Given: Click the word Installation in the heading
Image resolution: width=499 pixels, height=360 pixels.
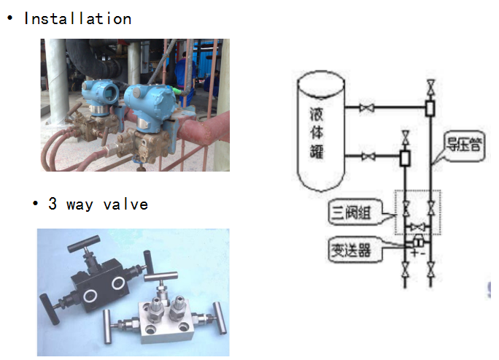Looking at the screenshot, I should click(77, 19).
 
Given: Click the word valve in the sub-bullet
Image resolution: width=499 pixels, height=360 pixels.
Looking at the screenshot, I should click(125, 204).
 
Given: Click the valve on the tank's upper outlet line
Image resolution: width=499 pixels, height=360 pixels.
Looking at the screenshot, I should click(369, 109).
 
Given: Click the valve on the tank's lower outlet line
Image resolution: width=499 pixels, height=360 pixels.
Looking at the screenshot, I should click(369, 156).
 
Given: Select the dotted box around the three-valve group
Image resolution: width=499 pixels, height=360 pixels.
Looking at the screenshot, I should click(418, 212).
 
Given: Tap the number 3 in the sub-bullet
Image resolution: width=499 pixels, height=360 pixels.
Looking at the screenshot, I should click(53, 204).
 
